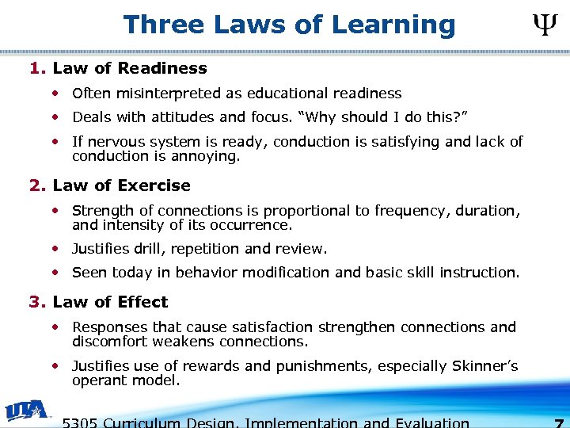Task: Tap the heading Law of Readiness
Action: point(129,69)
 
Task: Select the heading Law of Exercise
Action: point(121,185)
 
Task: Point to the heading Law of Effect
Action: point(110,302)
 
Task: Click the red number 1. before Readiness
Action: point(36,69)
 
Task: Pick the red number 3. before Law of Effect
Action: point(36,302)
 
